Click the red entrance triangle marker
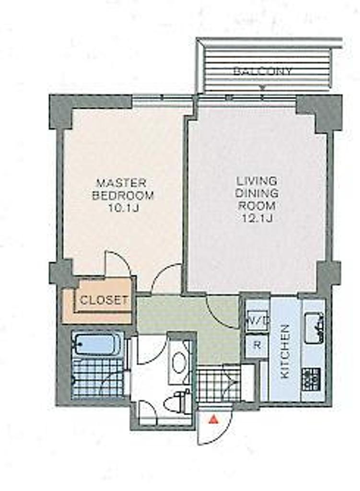[x=213, y=419]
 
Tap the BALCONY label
[x=262, y=71]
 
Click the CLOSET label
[x=104, y=301]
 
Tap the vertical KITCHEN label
[x=285, y=351]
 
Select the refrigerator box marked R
[x=256, y=345]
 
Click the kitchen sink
[x=314, y=328]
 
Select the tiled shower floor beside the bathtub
[x=98, y=378]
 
